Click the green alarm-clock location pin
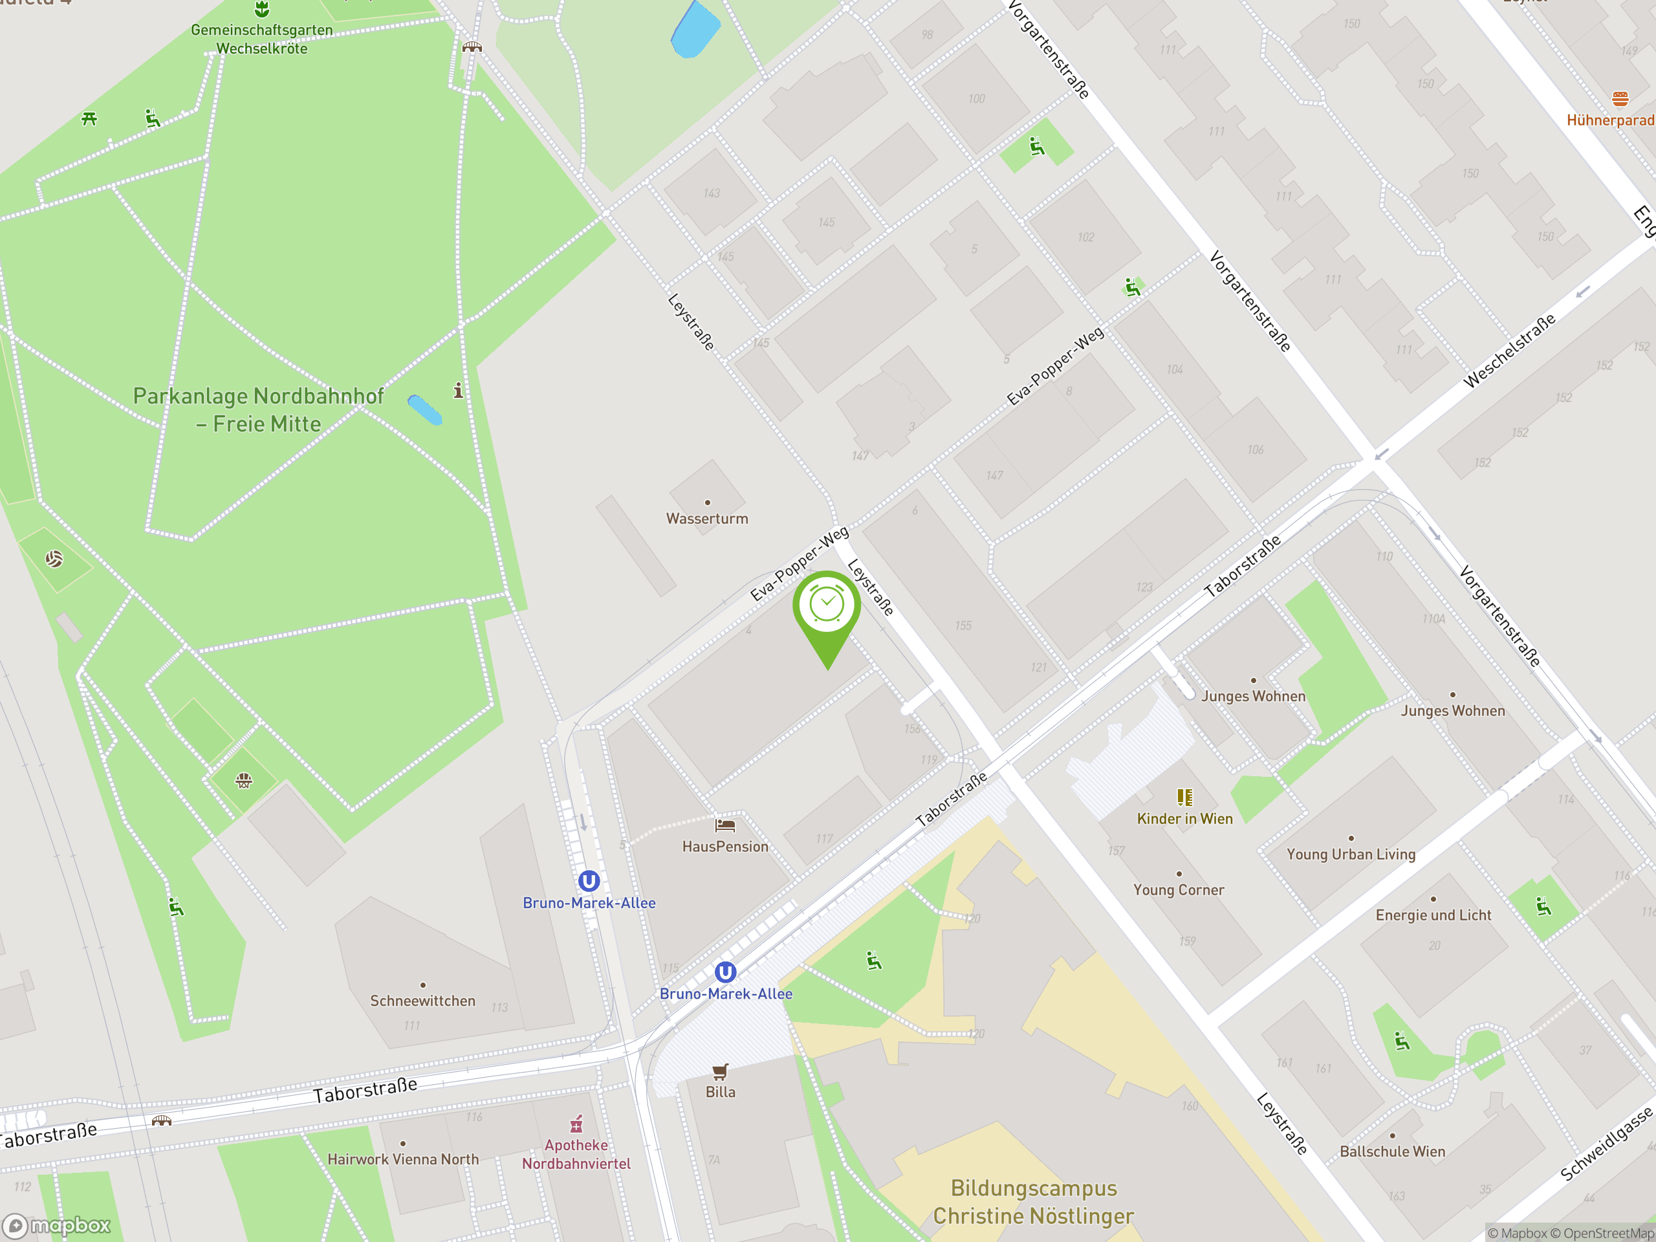coord(827,606)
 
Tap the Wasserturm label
coord(707,518)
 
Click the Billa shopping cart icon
coord(720,1072)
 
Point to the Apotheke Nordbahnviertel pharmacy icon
coord(576,1124)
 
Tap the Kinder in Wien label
coord(1184,818)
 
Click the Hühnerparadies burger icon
coord(1620,99)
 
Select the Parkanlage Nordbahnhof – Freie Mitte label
coord(258,409)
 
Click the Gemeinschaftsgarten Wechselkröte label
coord(261,39)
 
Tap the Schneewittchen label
coord(422,1001)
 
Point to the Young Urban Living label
coord(1351,855)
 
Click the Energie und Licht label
coord(1433,915)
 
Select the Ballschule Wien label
coord(1391,1151)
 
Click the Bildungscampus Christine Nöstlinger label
coord(1033,1202)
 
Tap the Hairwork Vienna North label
coord(403,1159)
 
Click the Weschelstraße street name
coord(1509,351)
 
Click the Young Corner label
coord(1179,889)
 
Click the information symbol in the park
coord(458,390)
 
